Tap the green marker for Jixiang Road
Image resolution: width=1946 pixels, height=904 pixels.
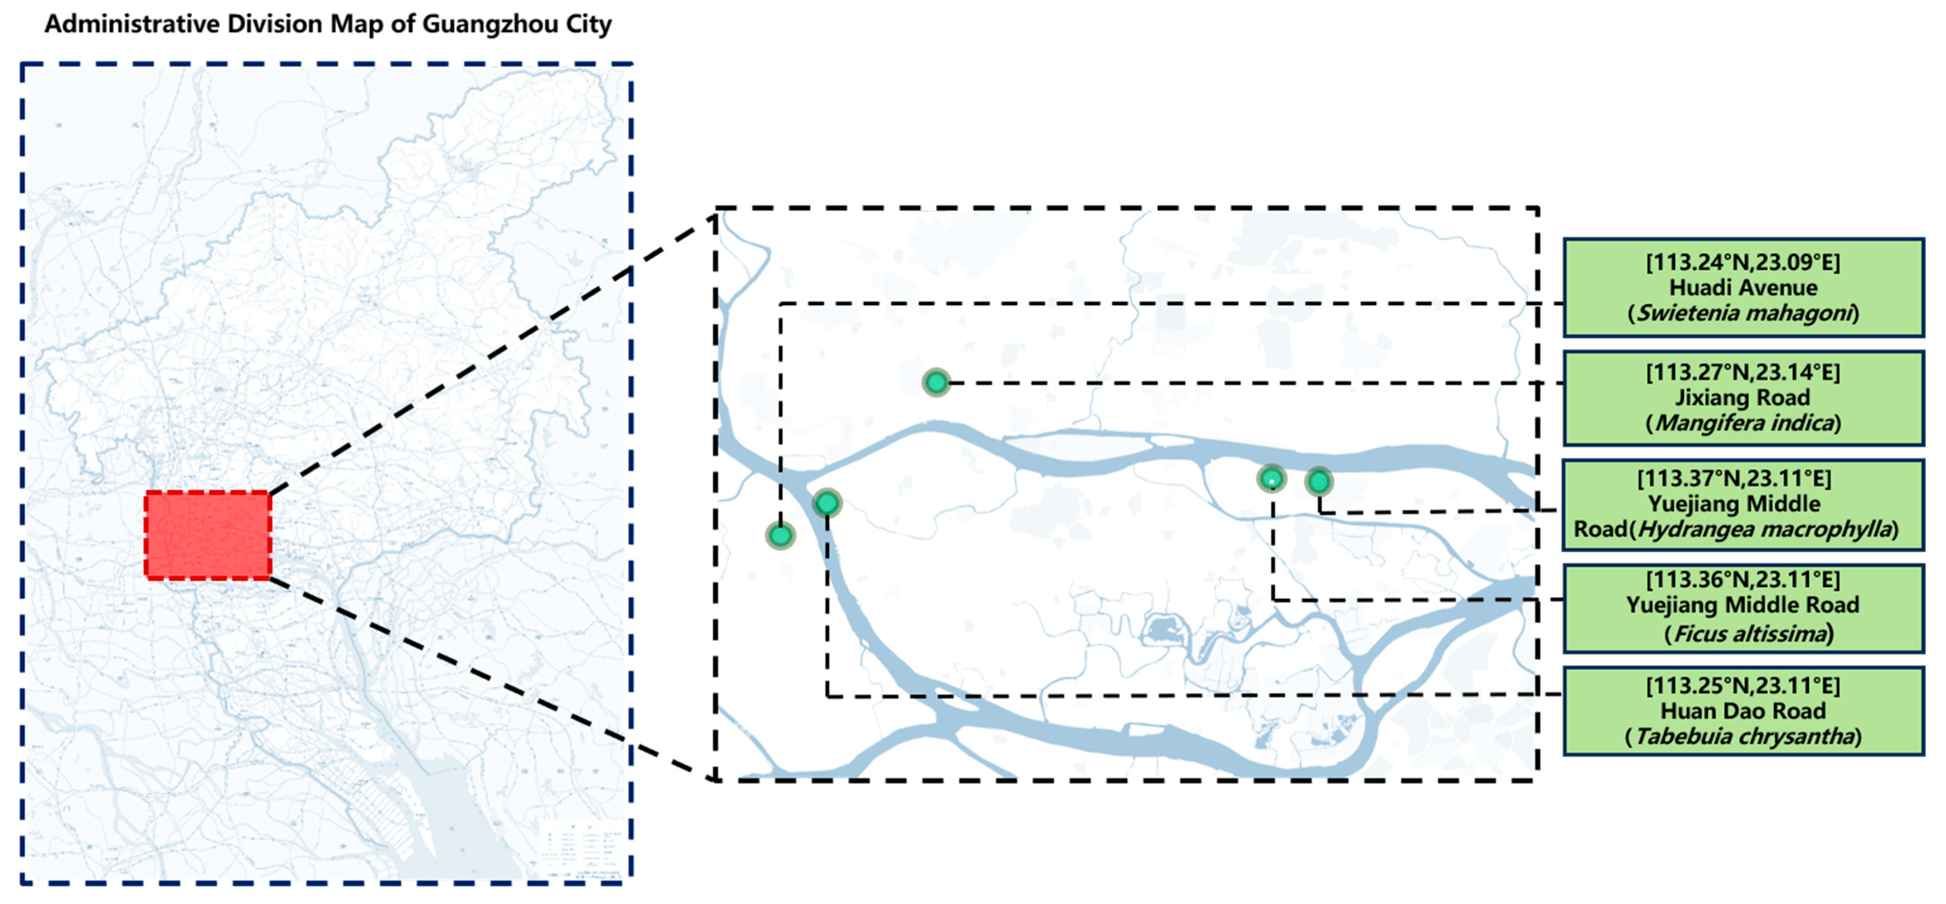click(x=936, y=382)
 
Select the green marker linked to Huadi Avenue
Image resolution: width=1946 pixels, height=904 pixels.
click(x=780, y=536)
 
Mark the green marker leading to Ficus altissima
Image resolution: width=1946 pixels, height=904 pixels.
click(x=1272, y=478)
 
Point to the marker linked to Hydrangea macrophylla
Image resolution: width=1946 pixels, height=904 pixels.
click(x=1318, y=481)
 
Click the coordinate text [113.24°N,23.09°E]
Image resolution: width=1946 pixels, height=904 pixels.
click(x=1743, y=262)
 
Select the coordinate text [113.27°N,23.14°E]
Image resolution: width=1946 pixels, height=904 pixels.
click(x=1743, y=372)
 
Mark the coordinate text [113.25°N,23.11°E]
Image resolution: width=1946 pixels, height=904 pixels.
click(x=1743, y=686)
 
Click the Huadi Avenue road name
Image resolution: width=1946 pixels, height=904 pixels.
click(x=1743, y=288)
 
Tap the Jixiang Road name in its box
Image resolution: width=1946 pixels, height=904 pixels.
click(x=1743, y=397)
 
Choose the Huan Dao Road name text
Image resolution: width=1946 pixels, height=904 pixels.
click(x=1743, y=711)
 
